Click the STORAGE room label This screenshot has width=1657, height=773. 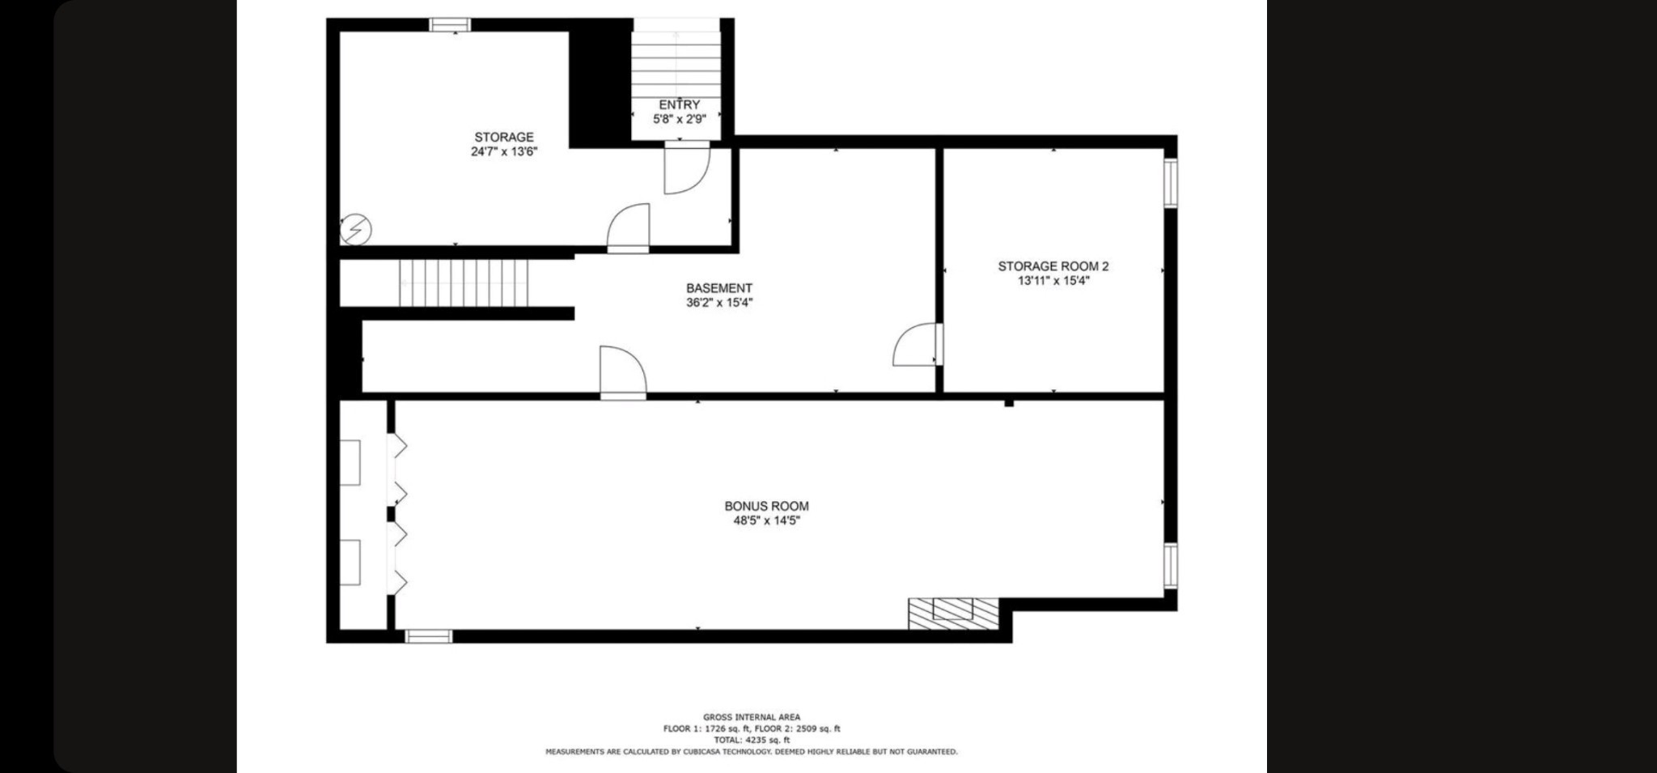pos(503,138)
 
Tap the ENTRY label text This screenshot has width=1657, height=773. pos(679,105)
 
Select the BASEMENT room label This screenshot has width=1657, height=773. pos(719,288)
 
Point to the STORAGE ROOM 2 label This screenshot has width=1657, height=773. pos(1053,266)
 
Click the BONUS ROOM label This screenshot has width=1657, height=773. pos(766,507)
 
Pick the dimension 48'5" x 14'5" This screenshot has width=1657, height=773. pos(766,521)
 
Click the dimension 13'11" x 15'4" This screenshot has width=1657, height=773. pos(1053,281)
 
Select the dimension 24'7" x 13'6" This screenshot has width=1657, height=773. pos(504,151)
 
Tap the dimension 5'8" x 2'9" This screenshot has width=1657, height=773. pos(680,119)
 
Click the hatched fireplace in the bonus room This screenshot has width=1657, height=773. pos(953,614)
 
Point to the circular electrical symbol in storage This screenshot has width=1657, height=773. pos(355,230)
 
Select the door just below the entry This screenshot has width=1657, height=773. pos(687,168)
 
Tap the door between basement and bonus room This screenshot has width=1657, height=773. pos(623,373)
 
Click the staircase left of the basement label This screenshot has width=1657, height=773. pos(464,283)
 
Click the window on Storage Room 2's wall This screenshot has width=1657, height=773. pos(1171,183)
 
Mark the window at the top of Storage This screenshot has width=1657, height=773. pos(450,24)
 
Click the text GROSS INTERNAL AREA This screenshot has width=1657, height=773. pos(752,717)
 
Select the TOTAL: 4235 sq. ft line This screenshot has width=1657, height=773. pos(752,740)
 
